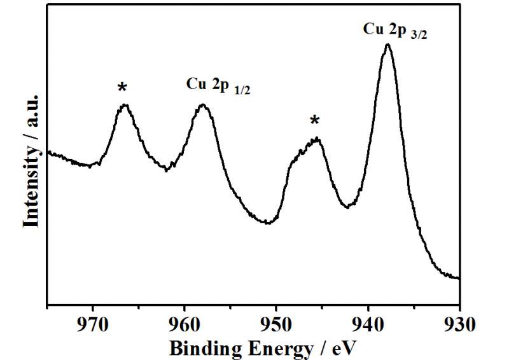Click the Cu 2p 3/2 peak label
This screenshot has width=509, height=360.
click(394, 30)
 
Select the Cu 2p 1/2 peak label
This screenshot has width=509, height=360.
click(218, 85)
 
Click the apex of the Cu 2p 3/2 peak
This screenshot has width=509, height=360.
click(387, 45)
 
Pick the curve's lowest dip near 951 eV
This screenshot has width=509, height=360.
click(268, 223)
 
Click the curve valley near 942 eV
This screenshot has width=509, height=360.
click(347, 207)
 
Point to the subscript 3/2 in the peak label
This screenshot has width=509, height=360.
click(419, 34)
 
